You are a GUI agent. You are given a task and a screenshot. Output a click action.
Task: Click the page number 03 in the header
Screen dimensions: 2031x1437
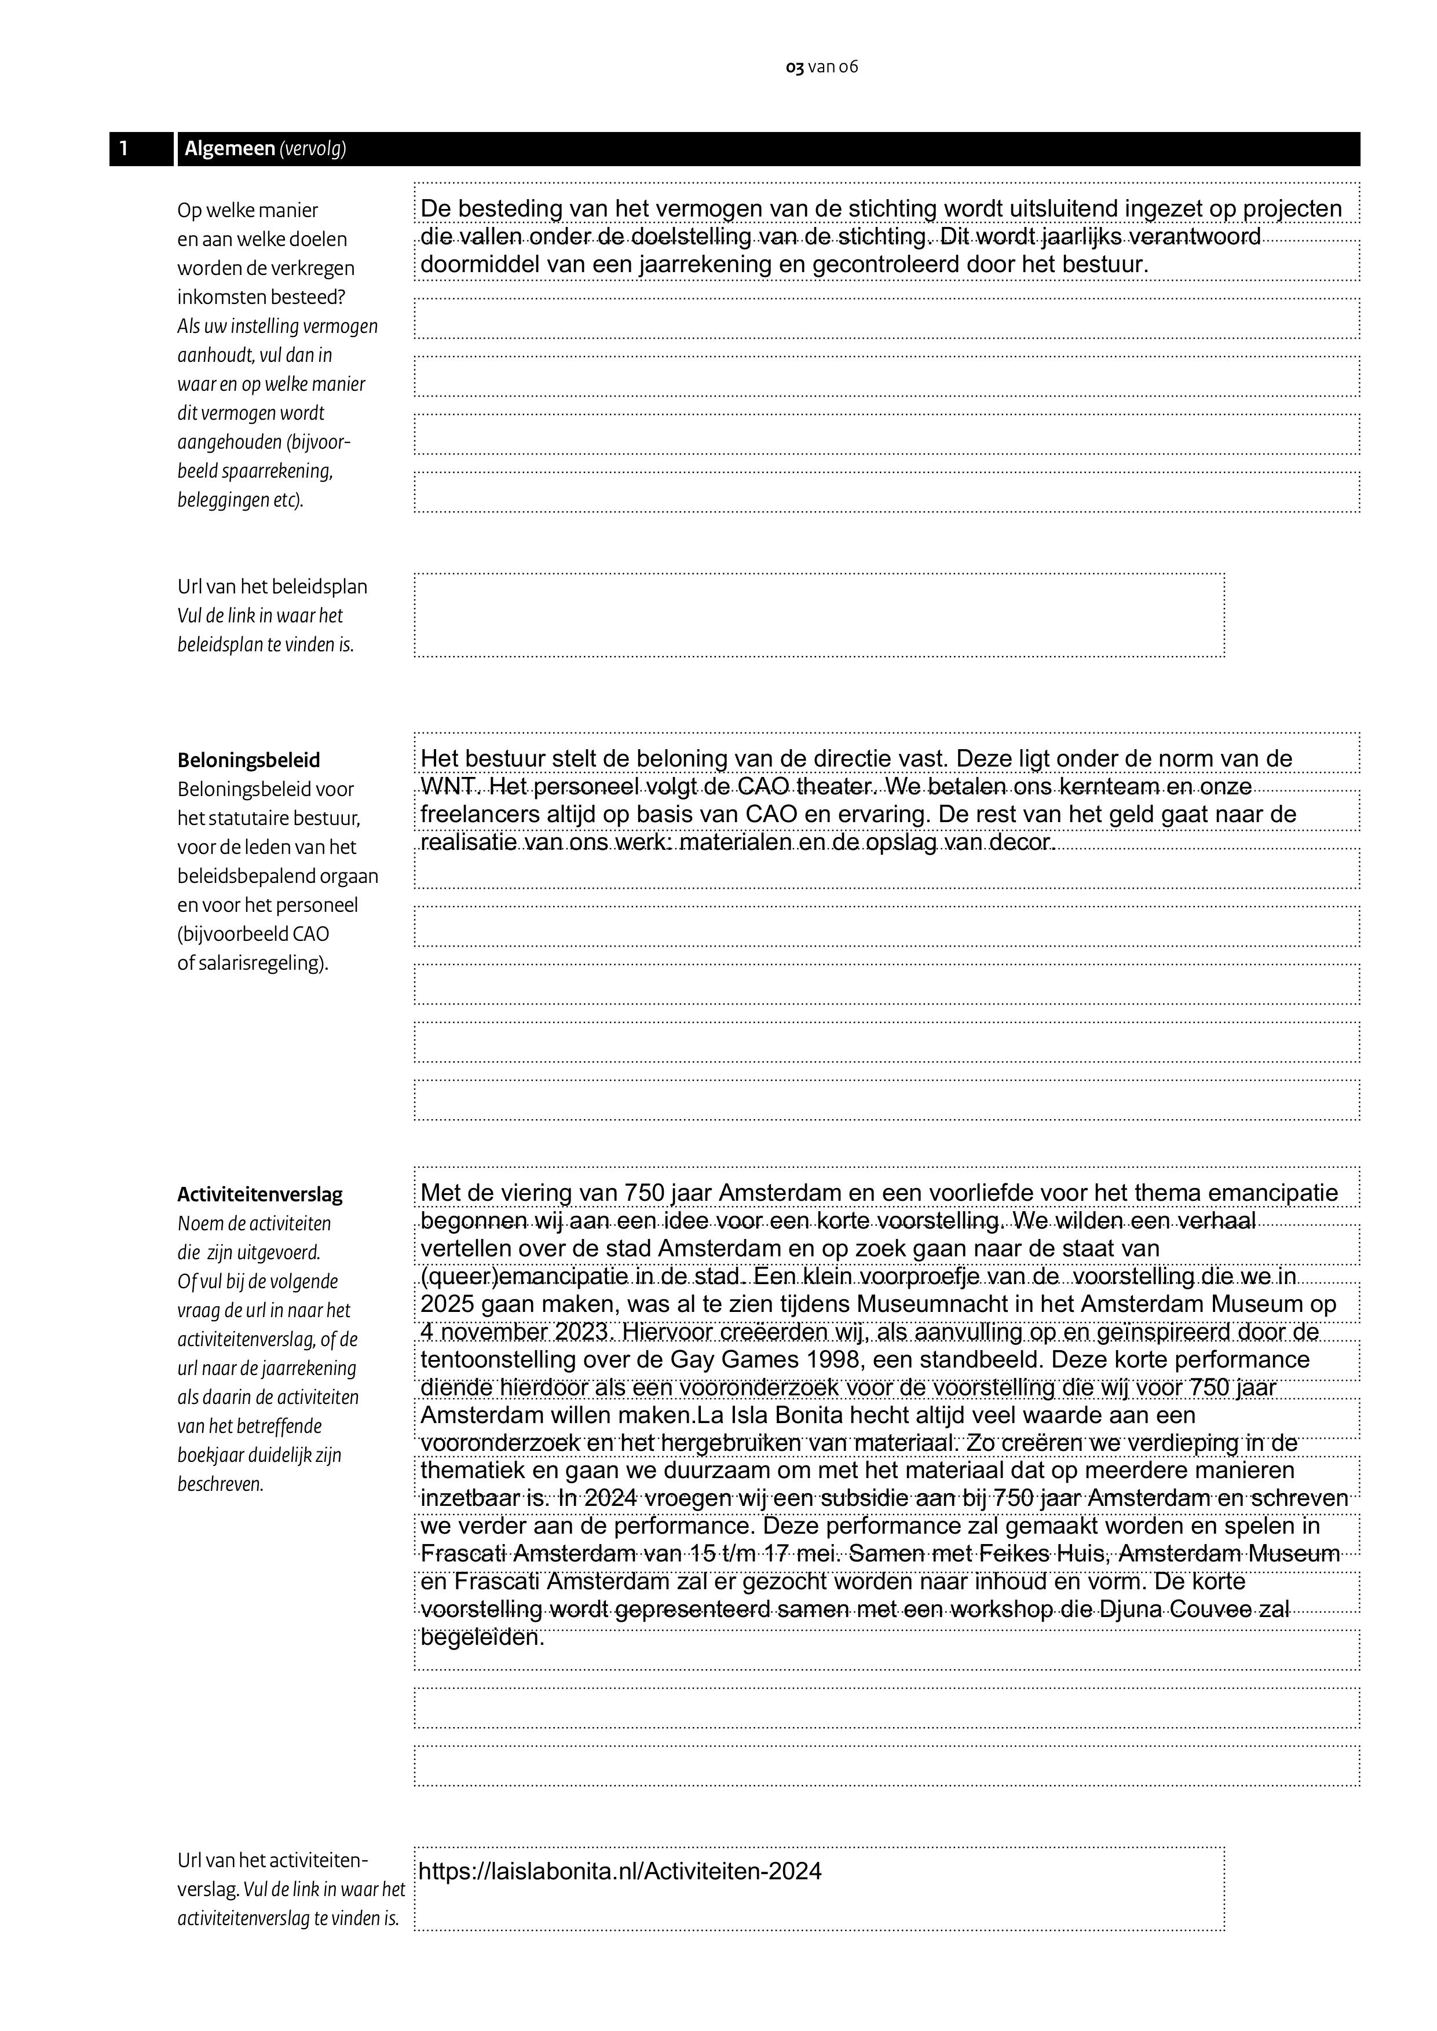[x=795, y=67]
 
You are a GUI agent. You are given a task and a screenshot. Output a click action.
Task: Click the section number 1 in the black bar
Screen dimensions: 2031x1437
[x=124, y=149]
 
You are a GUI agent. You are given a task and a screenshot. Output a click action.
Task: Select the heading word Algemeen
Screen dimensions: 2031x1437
[x=230, y=149]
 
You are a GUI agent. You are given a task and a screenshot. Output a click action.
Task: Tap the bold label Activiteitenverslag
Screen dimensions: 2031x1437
[x=259, y=1194]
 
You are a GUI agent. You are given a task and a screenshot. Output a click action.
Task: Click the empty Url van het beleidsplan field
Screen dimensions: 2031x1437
[x=818, y=615]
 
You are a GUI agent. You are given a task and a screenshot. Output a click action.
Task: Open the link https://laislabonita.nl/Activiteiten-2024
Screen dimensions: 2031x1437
[x=619, y=1871]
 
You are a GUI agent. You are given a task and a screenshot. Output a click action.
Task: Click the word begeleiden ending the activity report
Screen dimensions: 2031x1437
[x=481, y=1637]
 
